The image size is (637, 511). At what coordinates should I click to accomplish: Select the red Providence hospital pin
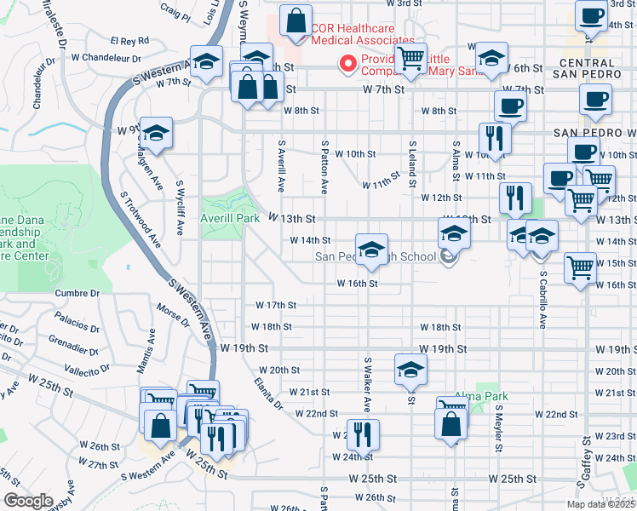click(x=347, y=63)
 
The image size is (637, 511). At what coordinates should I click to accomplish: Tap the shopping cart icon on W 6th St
click(x=411, y=59)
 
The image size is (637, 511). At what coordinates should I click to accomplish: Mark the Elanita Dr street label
click(x=267, y=395)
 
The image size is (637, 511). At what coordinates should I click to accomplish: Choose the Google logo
click(x=28, y=501)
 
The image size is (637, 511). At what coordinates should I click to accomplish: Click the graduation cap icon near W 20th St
click(x=410, y=368)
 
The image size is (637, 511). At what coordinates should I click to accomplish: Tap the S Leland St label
click(x=411, y=164)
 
